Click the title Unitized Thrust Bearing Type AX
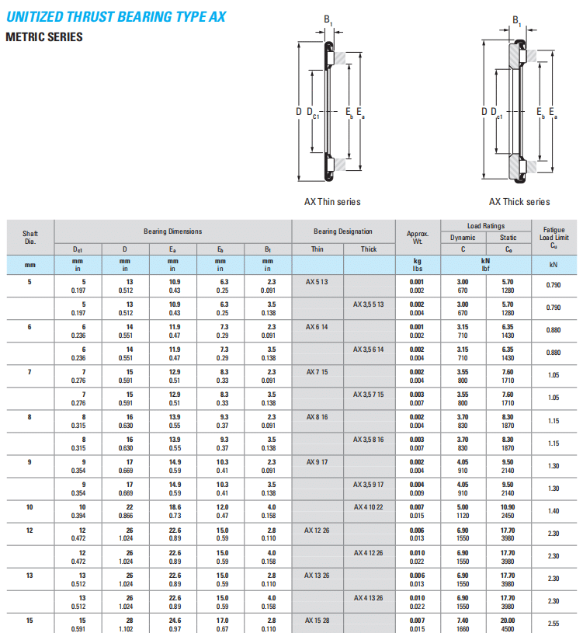coord(116,17)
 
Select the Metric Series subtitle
coord(44,37)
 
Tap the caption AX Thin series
coord(332,202)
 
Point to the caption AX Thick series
coord(519,202)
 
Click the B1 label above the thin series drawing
coord(328,19)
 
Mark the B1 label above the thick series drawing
coord(517,20)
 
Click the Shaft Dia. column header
coord(30,238)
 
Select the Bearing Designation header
coord(343,231)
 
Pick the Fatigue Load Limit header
coord(554,238)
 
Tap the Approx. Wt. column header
coord(418,238)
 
